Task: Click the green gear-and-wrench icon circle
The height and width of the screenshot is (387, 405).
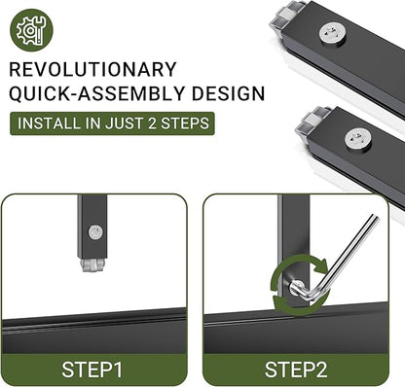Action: pos(31,30)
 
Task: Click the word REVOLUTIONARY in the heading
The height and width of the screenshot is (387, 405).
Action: pos(92,69)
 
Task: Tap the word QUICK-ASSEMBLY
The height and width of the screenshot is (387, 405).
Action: pos(96,93)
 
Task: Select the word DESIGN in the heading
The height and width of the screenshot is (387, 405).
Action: pos(228,93)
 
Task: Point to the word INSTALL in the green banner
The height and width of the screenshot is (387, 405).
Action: pos(49,123)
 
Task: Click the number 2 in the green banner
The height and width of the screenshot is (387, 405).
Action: pos(152,123)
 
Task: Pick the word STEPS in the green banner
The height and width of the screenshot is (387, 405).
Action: pos(185,123)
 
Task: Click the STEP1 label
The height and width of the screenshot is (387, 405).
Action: pos(92,369)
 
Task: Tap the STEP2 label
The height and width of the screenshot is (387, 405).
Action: pos(296,369)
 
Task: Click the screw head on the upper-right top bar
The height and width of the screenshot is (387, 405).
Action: pos(332,34)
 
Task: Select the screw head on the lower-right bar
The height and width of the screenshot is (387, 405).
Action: pos(358,139)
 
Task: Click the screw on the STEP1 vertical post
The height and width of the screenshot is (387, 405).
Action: pos(95,232)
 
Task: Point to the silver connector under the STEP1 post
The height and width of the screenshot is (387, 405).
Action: pos(92,264)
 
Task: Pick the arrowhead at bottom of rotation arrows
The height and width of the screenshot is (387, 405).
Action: pos(279,303)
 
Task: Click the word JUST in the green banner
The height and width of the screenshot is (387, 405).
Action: pos(126,123)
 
